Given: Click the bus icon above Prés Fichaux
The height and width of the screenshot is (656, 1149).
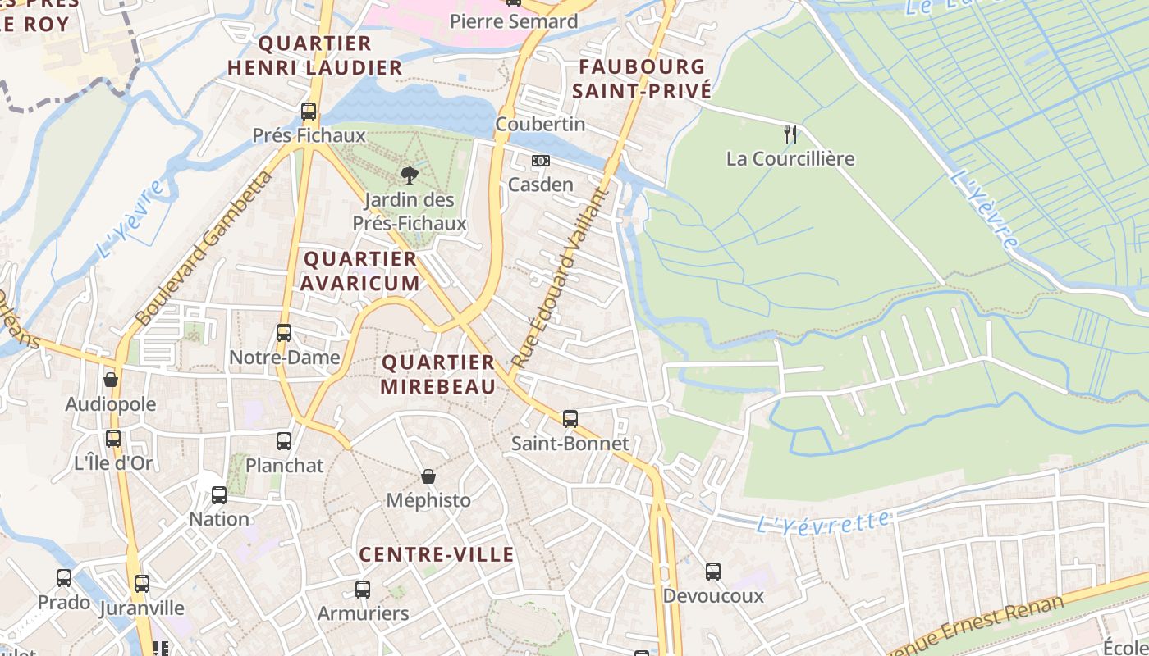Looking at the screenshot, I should [x=309, y=112].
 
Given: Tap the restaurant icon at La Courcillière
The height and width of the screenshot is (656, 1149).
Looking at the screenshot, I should [x=790, y=134].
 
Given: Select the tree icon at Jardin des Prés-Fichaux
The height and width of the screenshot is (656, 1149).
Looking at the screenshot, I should [x=408, y=174].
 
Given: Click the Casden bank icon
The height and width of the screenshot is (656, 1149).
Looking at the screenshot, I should [x=540, y=161].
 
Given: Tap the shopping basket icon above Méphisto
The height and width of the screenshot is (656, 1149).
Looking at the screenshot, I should [x=428, y=476].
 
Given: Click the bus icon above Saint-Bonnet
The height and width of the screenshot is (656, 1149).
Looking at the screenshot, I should [x=570, y=419].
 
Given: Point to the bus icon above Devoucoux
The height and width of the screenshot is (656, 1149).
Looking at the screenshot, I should [x=713, y=572].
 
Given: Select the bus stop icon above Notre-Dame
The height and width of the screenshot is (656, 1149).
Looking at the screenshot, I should [x=284, y=333].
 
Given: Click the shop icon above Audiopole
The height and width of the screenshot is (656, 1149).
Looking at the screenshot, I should [x=111, y=380].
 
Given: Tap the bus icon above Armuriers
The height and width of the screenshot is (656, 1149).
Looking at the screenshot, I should [x=363, y=589].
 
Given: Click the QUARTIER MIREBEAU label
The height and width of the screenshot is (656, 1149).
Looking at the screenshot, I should [x=438, y=374].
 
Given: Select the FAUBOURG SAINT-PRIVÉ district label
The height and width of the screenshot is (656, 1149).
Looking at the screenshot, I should [x=642, y=79].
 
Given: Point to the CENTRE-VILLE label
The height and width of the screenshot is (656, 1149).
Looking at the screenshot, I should [x=437, y=554].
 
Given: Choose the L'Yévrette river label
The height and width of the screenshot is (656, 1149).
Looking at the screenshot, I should [x=822, y=522].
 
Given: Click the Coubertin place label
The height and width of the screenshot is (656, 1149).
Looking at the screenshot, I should [x=540, y=124].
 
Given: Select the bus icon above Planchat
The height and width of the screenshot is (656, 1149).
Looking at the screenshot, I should [x=284, y=441].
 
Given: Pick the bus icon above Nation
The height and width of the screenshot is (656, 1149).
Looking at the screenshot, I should [x=219, y=495].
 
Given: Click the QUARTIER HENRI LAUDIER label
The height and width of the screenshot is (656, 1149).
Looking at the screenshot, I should [x=315, y=55].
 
